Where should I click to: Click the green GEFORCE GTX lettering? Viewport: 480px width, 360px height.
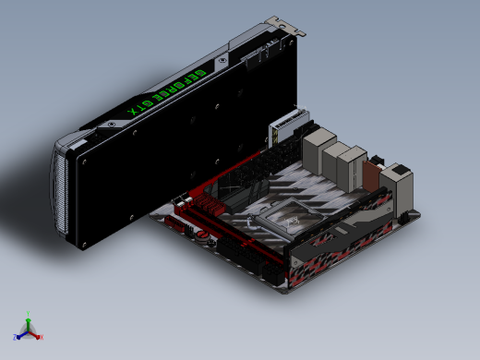[x=166, y=92]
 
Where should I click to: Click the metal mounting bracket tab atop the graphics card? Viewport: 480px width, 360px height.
[x=285, y=26]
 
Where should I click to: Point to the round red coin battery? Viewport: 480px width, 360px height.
[x=202, y=234]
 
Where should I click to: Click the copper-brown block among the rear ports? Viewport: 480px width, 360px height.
[x=371, y=175]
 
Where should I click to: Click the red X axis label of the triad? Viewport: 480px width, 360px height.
[x=42, y=337]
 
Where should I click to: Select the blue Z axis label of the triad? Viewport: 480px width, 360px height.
[x=15, y=337]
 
